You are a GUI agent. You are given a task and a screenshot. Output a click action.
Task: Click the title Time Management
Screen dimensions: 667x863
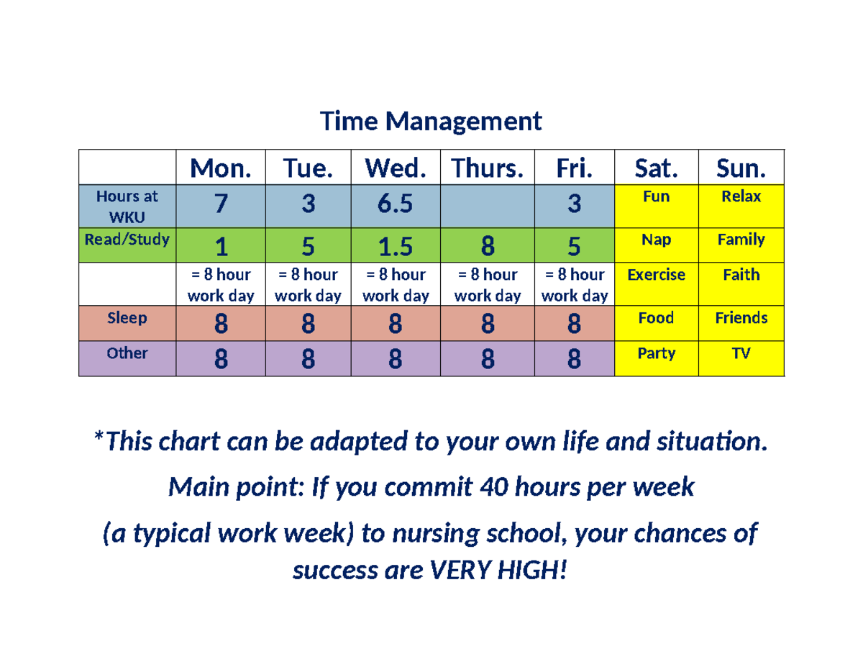coord(431,122)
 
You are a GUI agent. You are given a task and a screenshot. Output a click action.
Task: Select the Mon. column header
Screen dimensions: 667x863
coord(222,168)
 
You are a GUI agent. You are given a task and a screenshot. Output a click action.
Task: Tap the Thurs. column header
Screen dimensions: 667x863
coord(488,168)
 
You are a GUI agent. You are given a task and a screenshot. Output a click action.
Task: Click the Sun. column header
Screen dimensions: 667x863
coord(741,168)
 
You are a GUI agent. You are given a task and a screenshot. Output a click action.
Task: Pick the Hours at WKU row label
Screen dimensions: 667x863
coord(127,206)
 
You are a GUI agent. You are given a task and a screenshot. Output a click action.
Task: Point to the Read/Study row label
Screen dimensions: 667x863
coord(127,240)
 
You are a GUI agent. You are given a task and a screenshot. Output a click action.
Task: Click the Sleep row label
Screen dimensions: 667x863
coord(127,318)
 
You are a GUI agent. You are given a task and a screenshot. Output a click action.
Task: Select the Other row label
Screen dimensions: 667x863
coord(127,353)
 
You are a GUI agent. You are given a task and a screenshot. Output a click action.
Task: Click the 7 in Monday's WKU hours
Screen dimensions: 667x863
coord(222,205)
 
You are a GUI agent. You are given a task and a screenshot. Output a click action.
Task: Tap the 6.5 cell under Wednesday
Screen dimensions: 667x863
coord(395,205)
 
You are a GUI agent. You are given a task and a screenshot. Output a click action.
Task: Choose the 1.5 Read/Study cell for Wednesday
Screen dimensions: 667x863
coord(395,248)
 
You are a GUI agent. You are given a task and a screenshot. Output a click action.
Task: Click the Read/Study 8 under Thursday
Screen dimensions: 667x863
coord(488,248)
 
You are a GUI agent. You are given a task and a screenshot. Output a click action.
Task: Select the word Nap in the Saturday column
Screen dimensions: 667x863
coord(656,240)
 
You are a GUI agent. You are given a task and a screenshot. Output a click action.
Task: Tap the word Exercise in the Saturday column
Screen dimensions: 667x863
coord(656,275)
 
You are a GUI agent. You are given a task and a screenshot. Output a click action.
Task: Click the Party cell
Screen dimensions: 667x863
coord(656,354)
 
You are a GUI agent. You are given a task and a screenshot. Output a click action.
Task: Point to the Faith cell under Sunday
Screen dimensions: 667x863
coord(741,275)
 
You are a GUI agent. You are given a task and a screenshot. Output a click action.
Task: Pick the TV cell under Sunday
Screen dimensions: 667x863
coord(741,354)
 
